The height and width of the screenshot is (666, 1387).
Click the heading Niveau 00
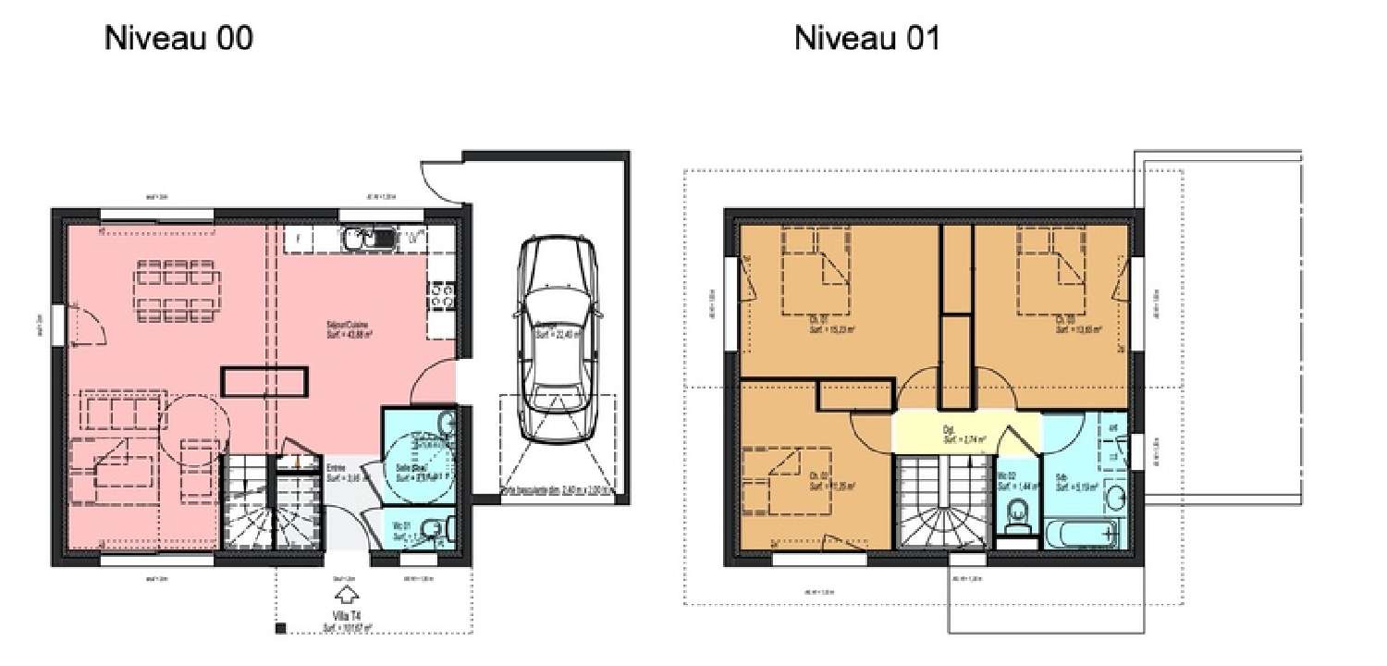click(178, 38)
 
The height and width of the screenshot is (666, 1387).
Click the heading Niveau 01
click(866, 38)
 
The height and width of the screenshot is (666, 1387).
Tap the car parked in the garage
click(556, 338)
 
